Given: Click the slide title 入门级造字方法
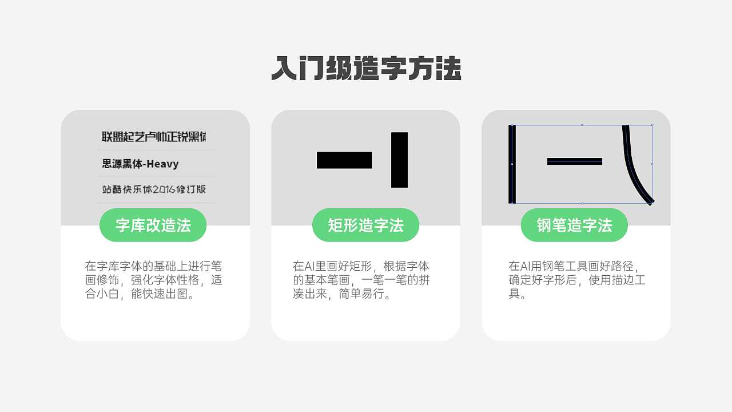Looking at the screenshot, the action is click(x=366, y=69).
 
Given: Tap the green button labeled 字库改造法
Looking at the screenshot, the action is click(x=153, y=225).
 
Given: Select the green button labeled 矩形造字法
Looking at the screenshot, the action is click(x=365, y=225).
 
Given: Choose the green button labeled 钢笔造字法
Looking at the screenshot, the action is click(x=574, y=225).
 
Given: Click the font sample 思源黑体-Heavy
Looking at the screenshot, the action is click(x=140, y=164).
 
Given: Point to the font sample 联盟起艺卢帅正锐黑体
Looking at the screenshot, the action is click(x=154, y=137).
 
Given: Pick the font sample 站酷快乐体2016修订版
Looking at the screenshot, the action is click(x=154, y=189).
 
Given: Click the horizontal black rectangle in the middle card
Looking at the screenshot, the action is click(x=344, y=160).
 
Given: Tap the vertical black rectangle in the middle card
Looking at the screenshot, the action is click(x=399, y=160).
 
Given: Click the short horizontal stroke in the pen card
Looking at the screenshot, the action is click(x=574, y=161).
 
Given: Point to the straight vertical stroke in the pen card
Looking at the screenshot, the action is click(x=512, y=164).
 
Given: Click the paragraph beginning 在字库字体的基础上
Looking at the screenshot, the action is click(x=153, y=280).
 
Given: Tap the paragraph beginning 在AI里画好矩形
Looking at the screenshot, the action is click(x=361, y=280).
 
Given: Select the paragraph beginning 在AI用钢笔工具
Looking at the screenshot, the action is click(x=576, y=280).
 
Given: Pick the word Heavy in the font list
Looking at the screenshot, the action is click(x=162, y=164).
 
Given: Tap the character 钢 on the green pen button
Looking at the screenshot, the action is click(x=544, y=225).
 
